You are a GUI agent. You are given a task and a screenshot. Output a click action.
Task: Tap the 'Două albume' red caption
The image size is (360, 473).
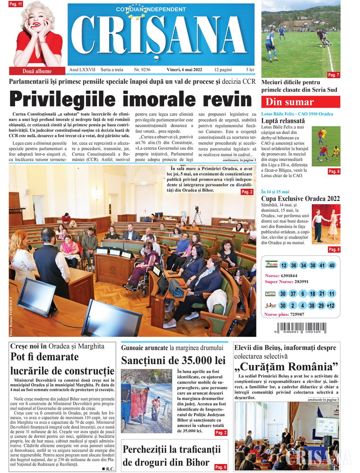(37, 71)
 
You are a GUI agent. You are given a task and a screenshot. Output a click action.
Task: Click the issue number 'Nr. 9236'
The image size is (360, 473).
(142, 70)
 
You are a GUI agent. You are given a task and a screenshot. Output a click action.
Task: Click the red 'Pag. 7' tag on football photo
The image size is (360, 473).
(334, 75)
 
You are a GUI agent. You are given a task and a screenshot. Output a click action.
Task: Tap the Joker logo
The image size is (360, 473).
(270, 306)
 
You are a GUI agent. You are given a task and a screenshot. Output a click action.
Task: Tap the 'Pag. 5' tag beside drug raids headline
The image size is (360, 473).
(221, 467)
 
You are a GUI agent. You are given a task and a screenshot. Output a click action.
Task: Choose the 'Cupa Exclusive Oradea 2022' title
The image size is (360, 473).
(299, 198)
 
